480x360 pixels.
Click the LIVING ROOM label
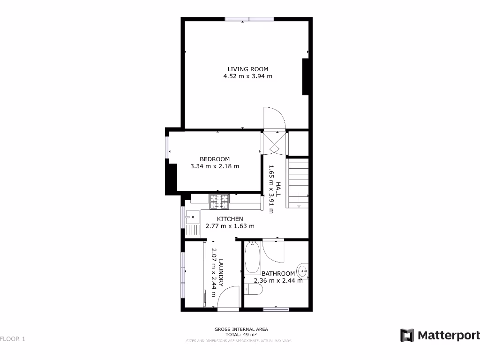click(248, 68)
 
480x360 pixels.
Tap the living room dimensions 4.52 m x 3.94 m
click(248, 76)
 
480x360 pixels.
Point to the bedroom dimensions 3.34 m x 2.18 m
click(215, 166)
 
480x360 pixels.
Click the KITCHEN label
click(230, 219)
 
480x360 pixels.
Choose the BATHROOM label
click(278, 274)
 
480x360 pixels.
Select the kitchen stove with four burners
click(219, 202)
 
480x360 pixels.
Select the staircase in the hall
click(298, 183)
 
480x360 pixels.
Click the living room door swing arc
click(274, 117)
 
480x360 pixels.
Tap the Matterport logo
click(440, 335)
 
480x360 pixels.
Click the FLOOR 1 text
click(13, 338)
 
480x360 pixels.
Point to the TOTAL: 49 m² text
click(241, 335)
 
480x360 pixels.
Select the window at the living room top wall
click(249, 19)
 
